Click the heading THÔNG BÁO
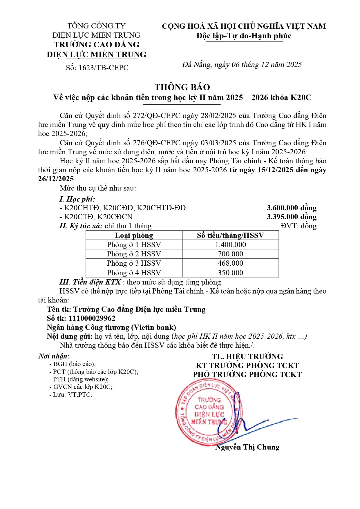(182, 87)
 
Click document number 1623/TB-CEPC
(97, 68)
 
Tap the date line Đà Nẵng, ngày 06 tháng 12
(242, 65)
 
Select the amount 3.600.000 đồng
(291, 208)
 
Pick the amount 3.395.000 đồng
(291, 217)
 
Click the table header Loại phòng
(134, 236)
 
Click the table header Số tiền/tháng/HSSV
(230, 236)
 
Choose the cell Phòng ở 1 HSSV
(134, 245)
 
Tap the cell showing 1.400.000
(230, 245)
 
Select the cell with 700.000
(230, 254)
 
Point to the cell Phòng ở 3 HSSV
(134, 263)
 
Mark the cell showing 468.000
(230, 263)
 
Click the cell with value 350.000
(230, 273)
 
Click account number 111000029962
(92, 318)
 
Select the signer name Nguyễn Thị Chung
(247, 447)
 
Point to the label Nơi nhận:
(54, 356)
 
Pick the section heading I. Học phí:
(77, 199)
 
